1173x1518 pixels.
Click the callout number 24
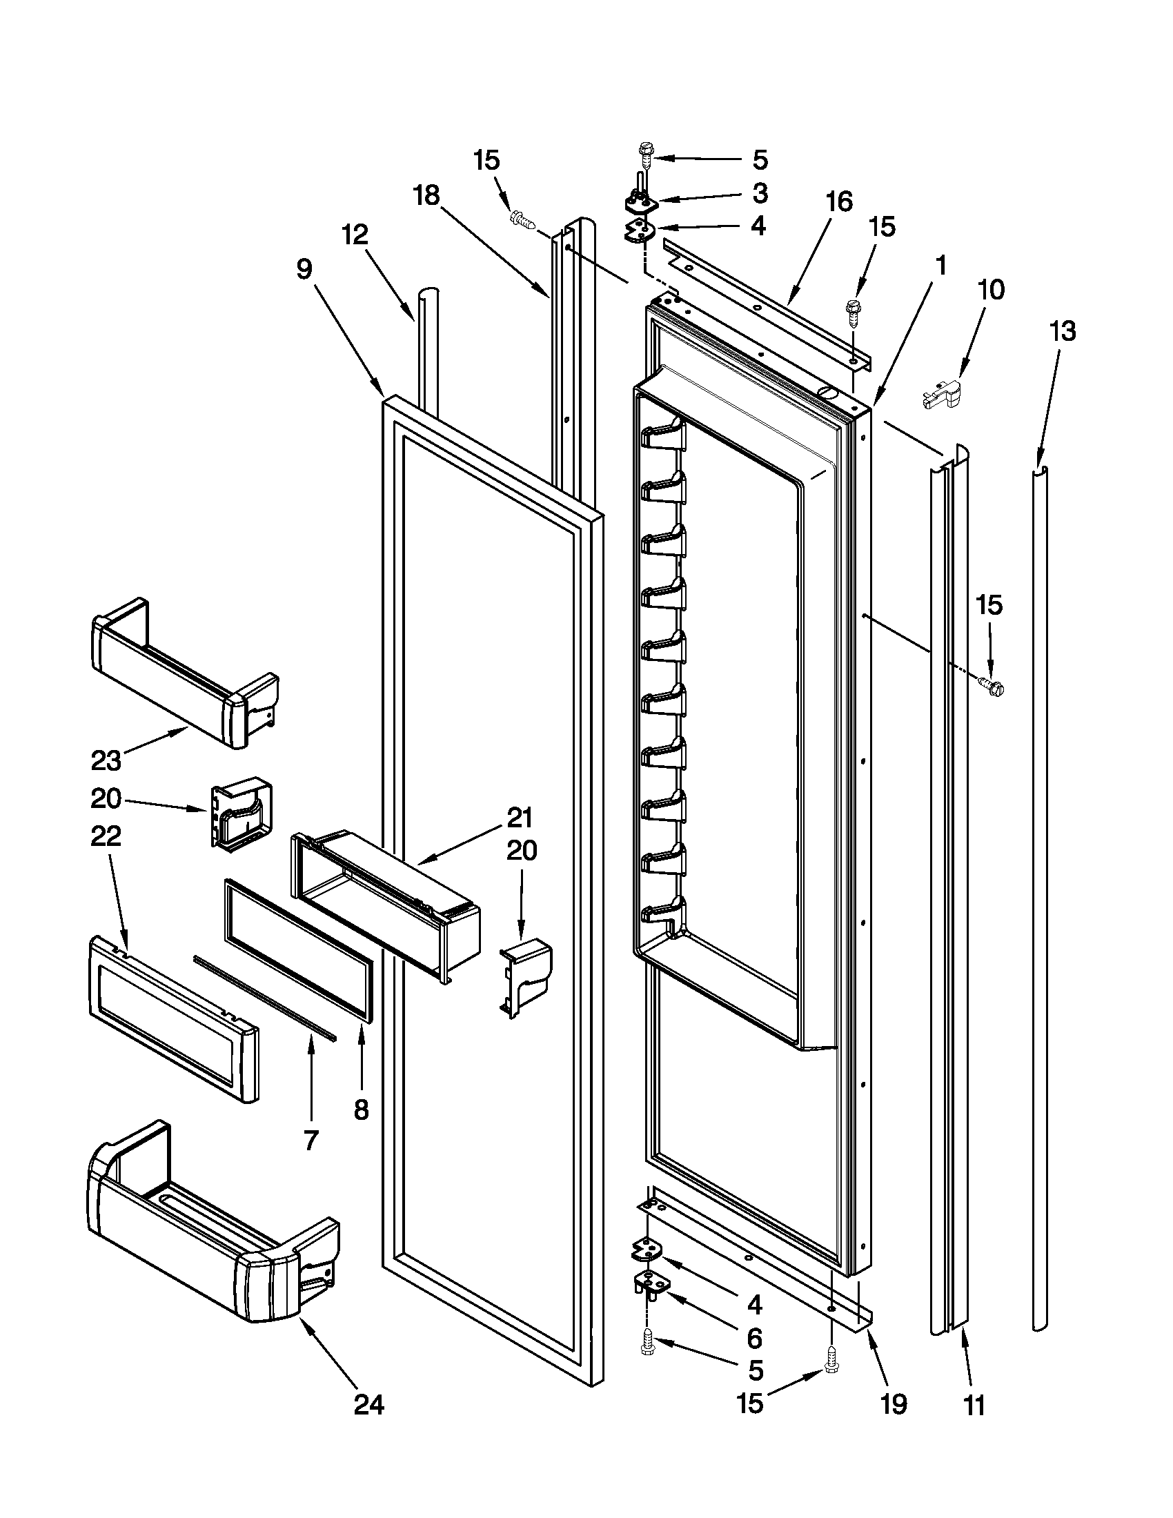pos(368,1406)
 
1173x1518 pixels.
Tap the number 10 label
pos(990,290)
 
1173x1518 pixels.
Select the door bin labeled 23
pos(184,671)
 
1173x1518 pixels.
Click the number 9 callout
pos(304,270)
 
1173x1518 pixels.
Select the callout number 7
pos(310,1140)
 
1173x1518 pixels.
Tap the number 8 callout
pos(362,1110)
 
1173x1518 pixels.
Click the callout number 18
pos(426,196)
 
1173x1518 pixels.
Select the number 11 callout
pos(975,1406)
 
